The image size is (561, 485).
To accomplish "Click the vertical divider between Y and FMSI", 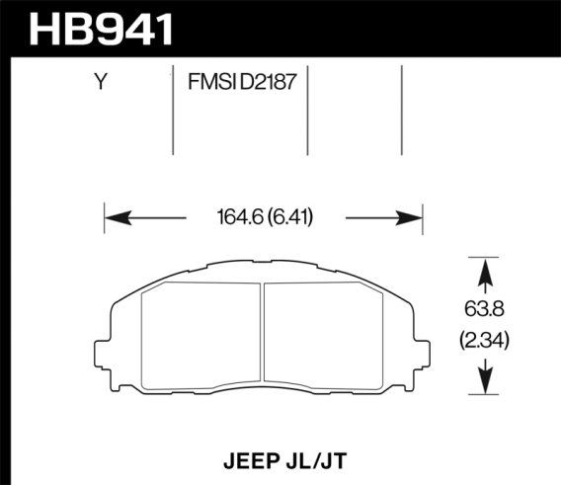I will pos(174,109).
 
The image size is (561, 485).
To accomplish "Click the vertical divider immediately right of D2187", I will pos(307,109).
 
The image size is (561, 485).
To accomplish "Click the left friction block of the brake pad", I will pos(201,336).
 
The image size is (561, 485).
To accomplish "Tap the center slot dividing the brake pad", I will pos(265,336).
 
